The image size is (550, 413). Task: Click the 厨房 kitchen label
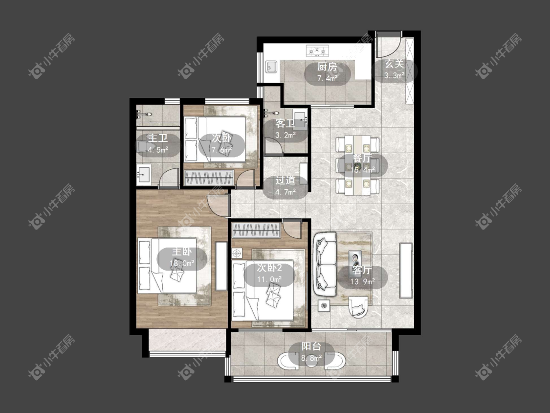[327, 67]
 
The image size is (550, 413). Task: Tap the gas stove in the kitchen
[318, 51]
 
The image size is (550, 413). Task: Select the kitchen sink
[271, 67]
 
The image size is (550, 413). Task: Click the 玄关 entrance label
[394, 64]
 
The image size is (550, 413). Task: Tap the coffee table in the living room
[355, 259]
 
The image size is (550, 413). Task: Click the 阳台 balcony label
[311, 346]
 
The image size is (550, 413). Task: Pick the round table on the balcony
[311, 361]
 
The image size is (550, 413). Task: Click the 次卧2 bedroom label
[269, 268]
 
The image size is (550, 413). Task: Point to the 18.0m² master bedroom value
[182, 263]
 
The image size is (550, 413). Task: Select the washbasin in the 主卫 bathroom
[143, 175]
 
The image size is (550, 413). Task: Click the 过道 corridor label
[285, 181]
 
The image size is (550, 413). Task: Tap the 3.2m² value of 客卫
[285, 135]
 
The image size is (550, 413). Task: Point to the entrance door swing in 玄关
[388, 44]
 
